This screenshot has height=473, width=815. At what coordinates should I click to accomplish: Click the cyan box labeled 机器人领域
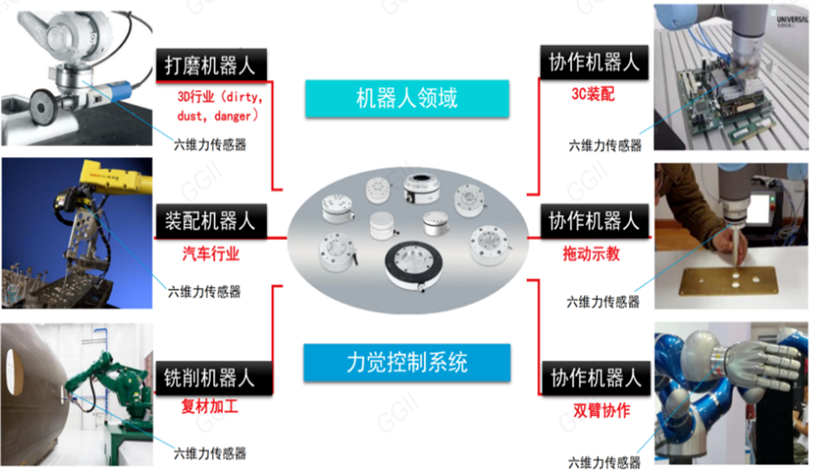pos(407,98)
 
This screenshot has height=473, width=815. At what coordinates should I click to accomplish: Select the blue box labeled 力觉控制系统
pos(407,363)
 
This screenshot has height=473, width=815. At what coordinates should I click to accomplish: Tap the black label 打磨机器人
pos(211,65)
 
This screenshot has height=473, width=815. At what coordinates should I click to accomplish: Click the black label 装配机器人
pos(211,221)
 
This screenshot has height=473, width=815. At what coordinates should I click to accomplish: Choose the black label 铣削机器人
pos(213,378)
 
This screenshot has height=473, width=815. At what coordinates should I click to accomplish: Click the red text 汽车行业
pos(211,254)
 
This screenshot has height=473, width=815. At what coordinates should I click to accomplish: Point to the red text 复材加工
pos(209,406)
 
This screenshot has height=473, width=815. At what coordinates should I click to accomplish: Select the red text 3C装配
pos(593,94)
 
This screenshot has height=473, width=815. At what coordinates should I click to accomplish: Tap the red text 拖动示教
pos(592,253)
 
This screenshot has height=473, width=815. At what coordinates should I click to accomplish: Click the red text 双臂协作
pos(602,410)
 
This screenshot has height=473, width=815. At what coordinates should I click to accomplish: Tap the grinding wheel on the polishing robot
pos(43,106)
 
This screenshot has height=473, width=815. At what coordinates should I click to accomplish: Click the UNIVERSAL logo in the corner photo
pos(792,21)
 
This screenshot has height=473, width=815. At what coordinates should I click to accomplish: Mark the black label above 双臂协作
pos(596,378)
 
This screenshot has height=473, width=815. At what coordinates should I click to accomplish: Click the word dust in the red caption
pos(190,116)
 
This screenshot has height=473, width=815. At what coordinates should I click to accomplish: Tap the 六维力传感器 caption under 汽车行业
pos(204,292)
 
